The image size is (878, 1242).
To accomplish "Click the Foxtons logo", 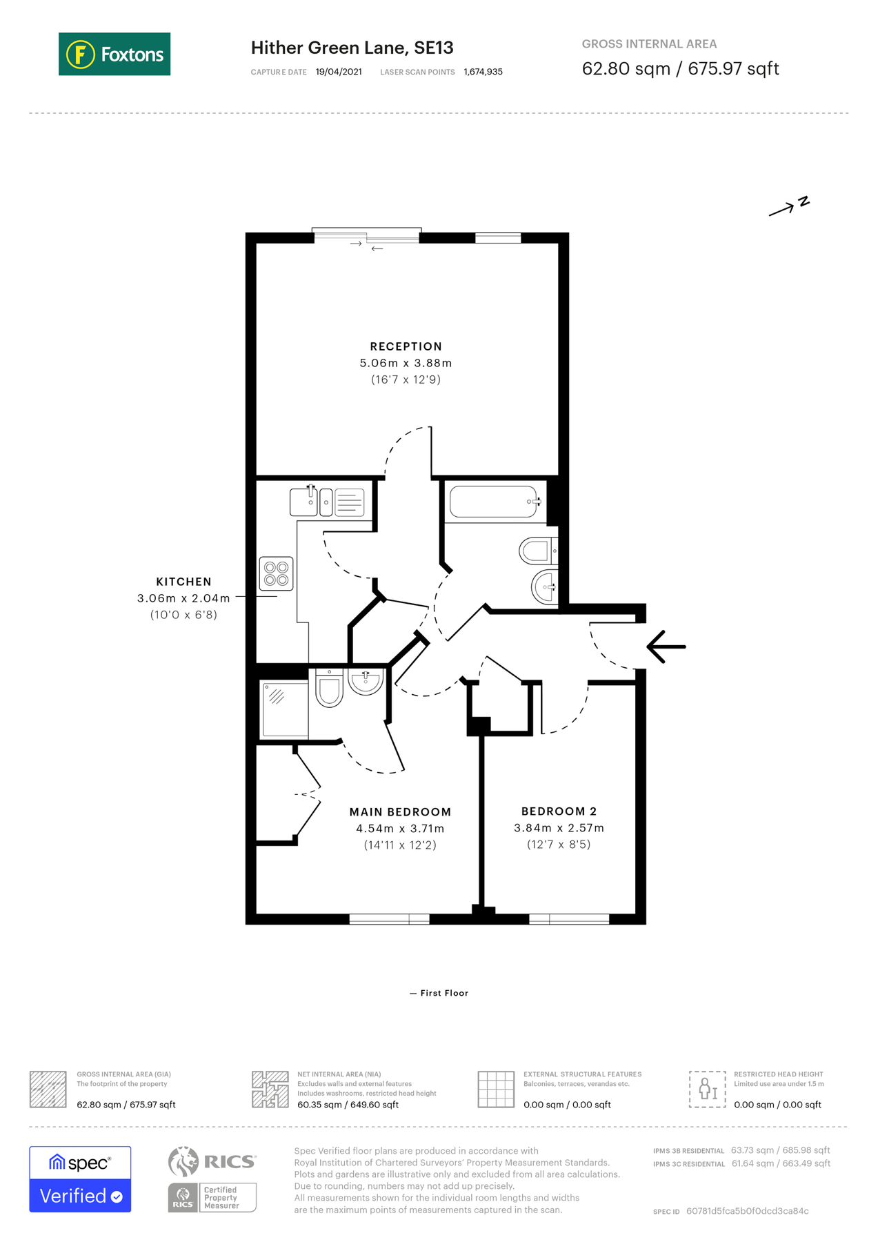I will (x=114, y=54).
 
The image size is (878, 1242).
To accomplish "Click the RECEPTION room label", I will (x=406, y=346).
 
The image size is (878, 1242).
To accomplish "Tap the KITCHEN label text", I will (x=183, y=582).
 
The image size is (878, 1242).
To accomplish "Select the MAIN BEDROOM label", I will (x=400, y=812).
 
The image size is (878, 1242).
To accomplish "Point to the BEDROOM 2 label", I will (x=559, y=811).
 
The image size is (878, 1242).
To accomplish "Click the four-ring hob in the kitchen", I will (x=276, y=573).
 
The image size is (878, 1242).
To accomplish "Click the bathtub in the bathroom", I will (x=493, y=502).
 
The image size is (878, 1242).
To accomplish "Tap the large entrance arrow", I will (x=666, y=647).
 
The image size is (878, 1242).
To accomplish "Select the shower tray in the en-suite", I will (x=285, y=709).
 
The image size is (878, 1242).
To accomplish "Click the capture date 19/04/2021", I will (x=339, y=72).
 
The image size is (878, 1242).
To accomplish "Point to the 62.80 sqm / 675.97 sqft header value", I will (x=680, y=69).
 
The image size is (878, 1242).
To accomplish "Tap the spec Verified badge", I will (x=80, y=1179).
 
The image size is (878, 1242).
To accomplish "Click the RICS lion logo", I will (x=183, y=1161).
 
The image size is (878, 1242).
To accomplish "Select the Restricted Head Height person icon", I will (x=707, y=1089).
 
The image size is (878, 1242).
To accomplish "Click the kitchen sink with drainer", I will (x=328, y=502).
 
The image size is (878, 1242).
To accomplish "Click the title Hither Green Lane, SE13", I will (x=352, y=48).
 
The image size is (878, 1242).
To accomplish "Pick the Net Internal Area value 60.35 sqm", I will (x=348, y=1105).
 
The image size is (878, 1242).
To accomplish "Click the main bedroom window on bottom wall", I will (x=389, y=918).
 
